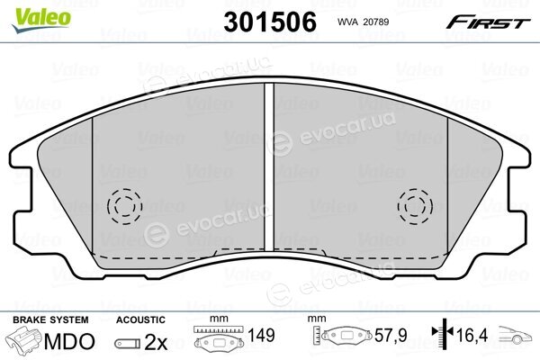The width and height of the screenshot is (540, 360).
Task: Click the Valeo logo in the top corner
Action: (41, 20)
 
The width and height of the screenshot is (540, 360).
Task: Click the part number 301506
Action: (270, 22)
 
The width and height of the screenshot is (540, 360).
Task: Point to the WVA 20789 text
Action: (363, 22)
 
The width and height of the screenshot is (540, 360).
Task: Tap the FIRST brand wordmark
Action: (488, 22)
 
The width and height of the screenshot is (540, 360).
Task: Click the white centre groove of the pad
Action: (269, 166)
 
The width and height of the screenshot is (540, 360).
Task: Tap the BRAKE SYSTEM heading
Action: (50, 319)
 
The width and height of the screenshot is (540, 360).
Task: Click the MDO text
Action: (69, 342)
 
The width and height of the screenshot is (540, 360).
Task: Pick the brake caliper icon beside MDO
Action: (25, 339)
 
